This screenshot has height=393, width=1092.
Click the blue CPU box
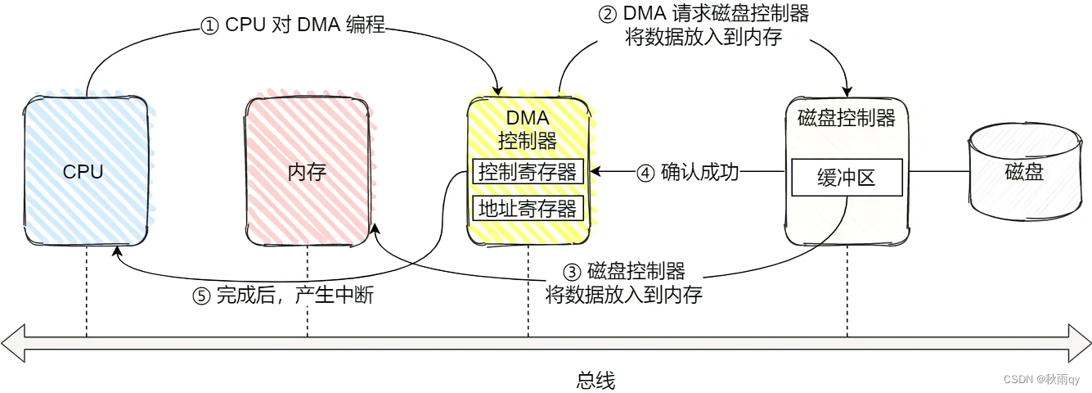[x=85, y=172]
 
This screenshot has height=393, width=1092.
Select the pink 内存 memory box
[x=308, y=172]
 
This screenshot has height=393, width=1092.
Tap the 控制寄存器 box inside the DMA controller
[x=528, y=172]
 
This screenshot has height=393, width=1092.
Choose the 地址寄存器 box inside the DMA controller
[x=528, y=208]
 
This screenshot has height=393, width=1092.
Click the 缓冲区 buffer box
[x=847, y=178]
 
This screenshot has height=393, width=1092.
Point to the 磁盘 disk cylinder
[x=1023, y=174]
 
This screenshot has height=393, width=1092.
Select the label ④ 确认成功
[x=688, y=173]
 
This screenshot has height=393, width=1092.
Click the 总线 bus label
[x=595, y=380]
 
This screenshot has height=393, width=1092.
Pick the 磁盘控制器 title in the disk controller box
[x=847, y=118]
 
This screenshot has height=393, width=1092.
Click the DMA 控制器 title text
[x=528, y=129]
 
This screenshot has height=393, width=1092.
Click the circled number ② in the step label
[x=608, y=13]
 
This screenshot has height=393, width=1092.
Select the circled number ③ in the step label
[x=573, y=271]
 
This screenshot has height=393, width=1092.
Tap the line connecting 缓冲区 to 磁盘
[x=936, y=172]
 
